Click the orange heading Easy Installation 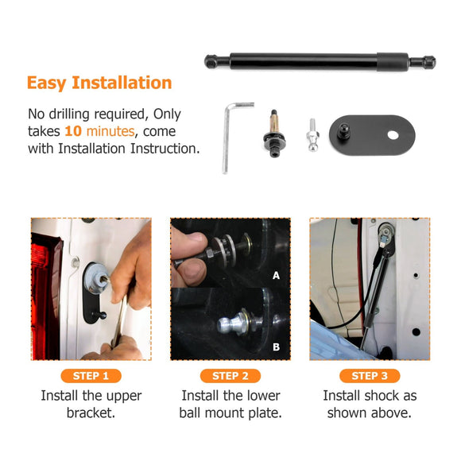(x=99, y=83)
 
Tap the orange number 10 (x=73, y=131)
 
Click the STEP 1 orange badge (x=91, y=376)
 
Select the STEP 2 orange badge (x=230, y=376)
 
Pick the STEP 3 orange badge (x=370, y=376)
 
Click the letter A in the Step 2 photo (x=276, y=276)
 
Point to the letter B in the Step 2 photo (x=276, y=347)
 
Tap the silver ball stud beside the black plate (x=312, y=135)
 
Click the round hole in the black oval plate (x=393, y=135)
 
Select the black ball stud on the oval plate (x=343, y=130)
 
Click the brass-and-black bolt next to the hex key (x=274, y=134)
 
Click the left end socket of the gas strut (x=211, y=62)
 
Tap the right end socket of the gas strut (x=429, y=62)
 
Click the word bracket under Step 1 (x=91, y=413)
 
